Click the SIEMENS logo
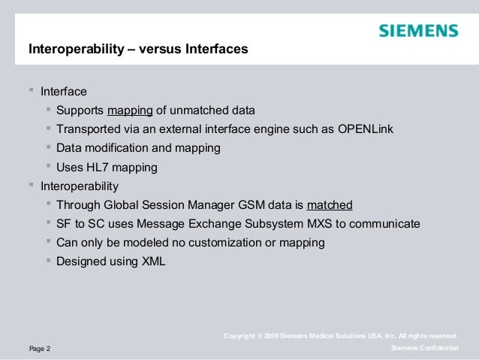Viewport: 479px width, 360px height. [417, 32]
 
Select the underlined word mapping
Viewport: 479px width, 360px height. [130, 111]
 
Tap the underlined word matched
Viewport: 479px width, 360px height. [330, 205]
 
